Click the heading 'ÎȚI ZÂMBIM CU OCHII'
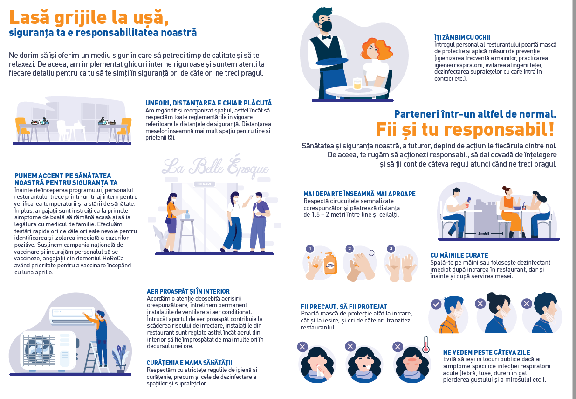tap(462, 37)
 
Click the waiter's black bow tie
tap(326, 38)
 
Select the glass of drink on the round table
tap(357, 84)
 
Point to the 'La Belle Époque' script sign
tap(215, 167)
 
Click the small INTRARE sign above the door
tap(205, 184)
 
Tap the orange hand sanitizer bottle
tap(330, 263)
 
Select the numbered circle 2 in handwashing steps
tap(349, 249)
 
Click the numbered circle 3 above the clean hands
tap(391, 249)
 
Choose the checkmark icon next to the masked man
tap(436, 304)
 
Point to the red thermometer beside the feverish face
tap(426, 344)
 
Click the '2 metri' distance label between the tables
tap(483, 233)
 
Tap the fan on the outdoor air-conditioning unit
tap(39, 350)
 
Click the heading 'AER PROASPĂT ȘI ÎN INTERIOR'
tap(188, 291)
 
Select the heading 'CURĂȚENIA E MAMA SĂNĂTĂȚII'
tap(189, 363)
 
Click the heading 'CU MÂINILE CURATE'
tap(459, 255)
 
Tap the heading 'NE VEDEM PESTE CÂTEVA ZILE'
tap(487, 352)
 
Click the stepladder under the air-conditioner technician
tap(95, 357)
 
